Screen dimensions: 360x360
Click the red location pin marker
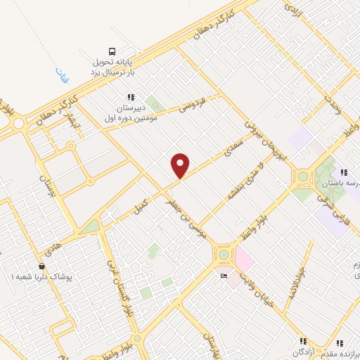click(181, 166)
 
